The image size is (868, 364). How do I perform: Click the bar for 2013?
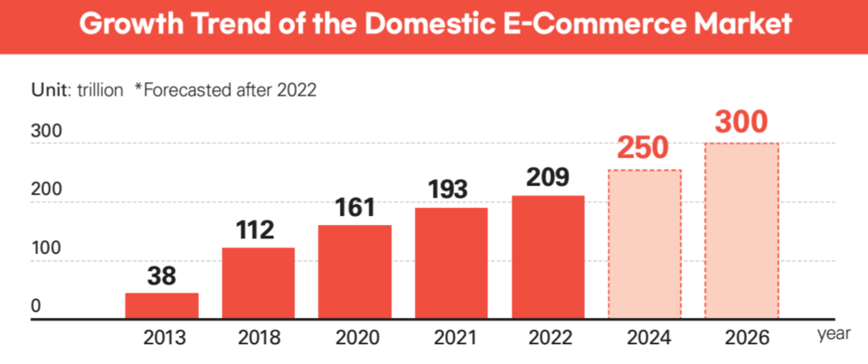[x=162, y=306]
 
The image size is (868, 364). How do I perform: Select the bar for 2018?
[x=259, y=284]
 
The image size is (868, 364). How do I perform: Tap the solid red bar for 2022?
[x=548, y=257]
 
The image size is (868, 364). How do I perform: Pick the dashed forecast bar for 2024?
[x=645, y=245]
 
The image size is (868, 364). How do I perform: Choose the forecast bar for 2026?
[x=741, y=231]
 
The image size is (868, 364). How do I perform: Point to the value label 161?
[x=355, y=206]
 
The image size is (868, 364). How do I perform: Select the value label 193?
[x=451, y=189]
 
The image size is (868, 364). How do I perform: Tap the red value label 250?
[x=645, y=149]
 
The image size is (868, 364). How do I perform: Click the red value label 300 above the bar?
[x=741, y=122]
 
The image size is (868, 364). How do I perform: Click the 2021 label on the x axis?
[x=452, y=339]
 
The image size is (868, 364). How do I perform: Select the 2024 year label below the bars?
[x=646, y=339]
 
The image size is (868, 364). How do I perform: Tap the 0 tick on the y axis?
[x=36, y=306]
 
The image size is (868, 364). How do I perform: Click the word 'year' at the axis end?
[x=834, y=335]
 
